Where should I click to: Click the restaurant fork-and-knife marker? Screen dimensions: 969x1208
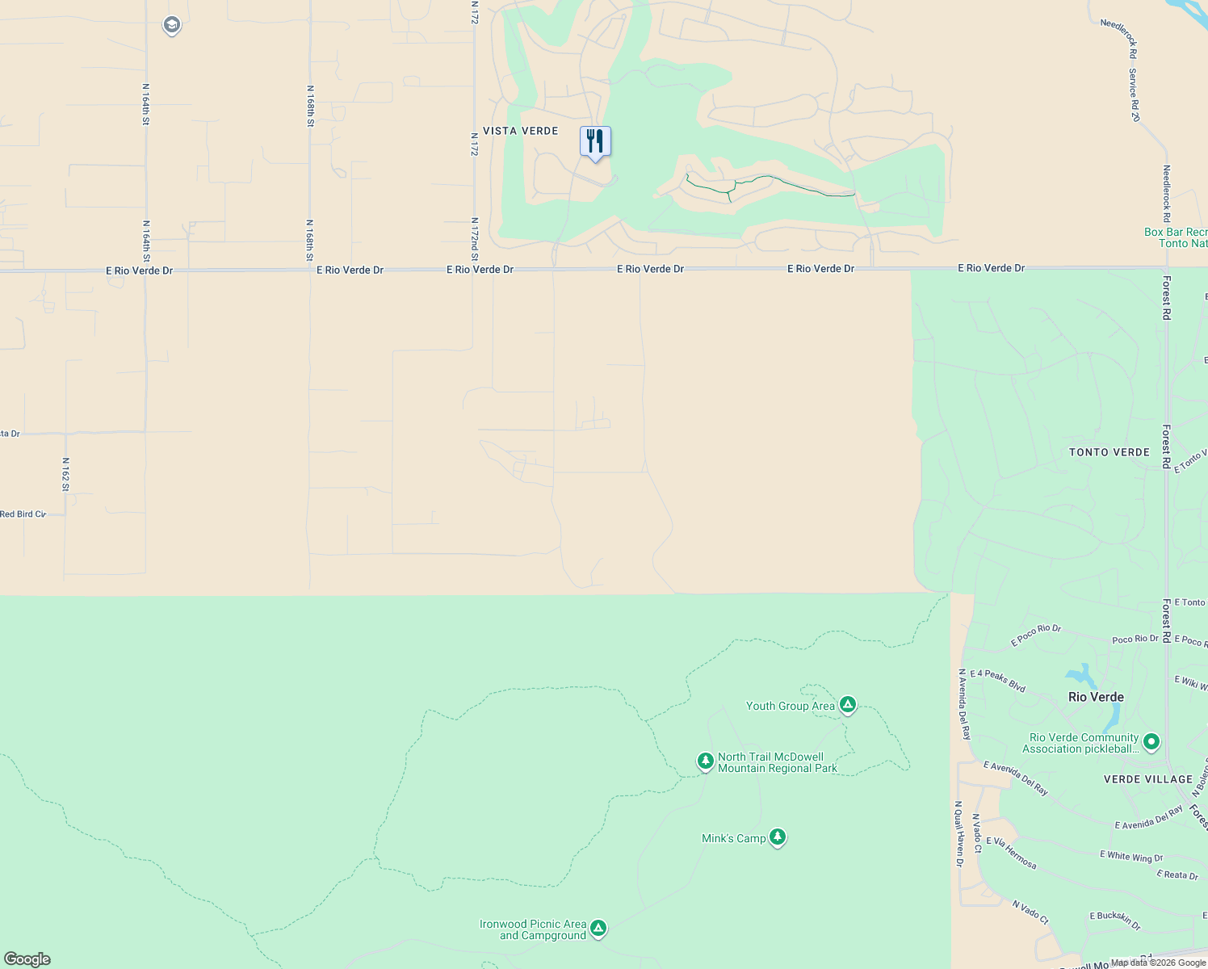[x=595, y=142]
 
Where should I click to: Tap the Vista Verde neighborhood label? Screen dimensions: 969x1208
[x=521, y=131]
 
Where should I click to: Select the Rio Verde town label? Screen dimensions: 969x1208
[x=1096, y=697]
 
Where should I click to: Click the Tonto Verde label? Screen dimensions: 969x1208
[x=1109, y=452]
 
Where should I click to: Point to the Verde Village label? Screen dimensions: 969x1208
[x=1148, y=779]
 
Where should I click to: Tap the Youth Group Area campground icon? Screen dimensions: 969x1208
[x=847, y=705]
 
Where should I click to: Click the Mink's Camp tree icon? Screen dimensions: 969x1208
[x=778, y=837]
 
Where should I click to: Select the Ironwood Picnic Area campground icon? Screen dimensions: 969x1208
[x=598, y=929]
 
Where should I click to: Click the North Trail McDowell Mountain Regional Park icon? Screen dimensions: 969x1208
[x=706, y=761]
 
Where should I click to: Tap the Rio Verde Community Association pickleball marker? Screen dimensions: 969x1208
[x=1152, y=742]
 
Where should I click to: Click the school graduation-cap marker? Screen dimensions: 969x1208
[x=171, y=26]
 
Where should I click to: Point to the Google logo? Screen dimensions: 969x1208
[x=27, y=959]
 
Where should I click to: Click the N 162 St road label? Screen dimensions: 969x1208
[x=65, y=474]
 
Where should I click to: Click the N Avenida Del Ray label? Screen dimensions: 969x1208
[x=964, y=704]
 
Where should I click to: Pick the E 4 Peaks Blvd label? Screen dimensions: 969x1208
[x=998, y=681]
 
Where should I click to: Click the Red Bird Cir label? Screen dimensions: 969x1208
[x=23, y=514]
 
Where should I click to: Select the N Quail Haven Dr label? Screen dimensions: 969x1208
[x=958, y=833]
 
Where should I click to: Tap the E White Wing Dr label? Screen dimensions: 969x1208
[x=1131, y=856]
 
